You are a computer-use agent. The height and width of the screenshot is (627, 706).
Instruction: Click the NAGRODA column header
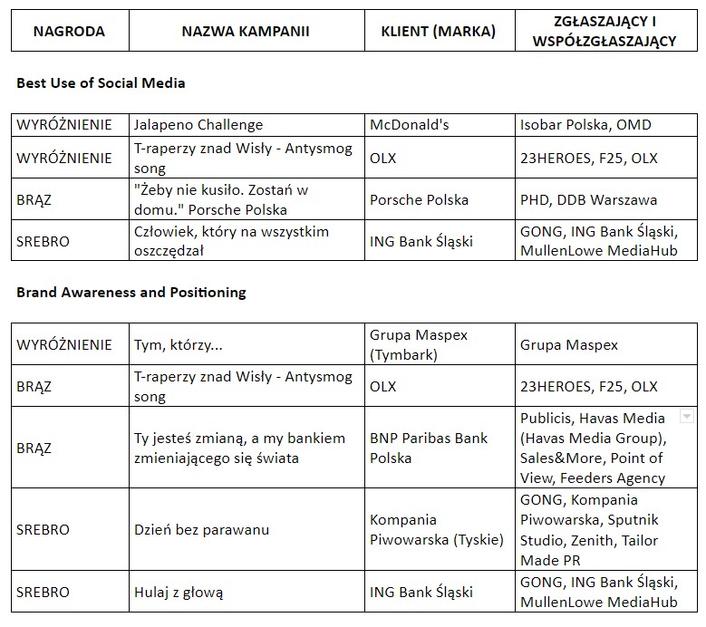(x=69, y=32)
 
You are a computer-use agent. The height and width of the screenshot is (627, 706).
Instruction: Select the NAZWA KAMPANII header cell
(x=246, y=32)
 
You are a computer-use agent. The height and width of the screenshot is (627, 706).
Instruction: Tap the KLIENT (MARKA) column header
(x=439, y=32)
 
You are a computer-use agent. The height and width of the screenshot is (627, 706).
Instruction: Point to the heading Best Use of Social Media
(x=101, y=83)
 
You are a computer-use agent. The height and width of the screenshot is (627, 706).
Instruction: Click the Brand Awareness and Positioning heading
(x=131, y=293)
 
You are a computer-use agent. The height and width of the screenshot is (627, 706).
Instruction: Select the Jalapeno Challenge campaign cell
(x=198, y=125)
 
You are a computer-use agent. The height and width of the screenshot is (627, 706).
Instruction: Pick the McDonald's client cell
(x=410, y=125)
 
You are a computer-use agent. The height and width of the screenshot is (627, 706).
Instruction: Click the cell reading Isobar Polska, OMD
(x=585, y=125)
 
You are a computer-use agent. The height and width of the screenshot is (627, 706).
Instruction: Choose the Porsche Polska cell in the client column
(x=420, y=199)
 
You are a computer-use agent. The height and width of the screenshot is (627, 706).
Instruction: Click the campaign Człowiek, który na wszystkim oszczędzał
(x=231, y=241)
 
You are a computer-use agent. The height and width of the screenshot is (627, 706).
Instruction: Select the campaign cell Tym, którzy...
(x=178, y=345)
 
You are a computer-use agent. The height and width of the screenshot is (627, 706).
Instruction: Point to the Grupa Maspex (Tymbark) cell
(x=419, y=345)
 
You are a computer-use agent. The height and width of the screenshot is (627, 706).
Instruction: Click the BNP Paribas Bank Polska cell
(x=429, y=448)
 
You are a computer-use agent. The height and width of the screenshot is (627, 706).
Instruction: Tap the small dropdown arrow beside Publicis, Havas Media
(x=686, y=418)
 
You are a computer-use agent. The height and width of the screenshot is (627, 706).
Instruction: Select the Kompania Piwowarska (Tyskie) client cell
(x=436, y=530)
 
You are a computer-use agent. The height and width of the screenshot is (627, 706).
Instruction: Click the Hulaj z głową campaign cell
(x=179, y=593)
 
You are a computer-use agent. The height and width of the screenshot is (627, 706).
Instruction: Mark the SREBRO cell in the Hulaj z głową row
(x=43, y=593)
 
